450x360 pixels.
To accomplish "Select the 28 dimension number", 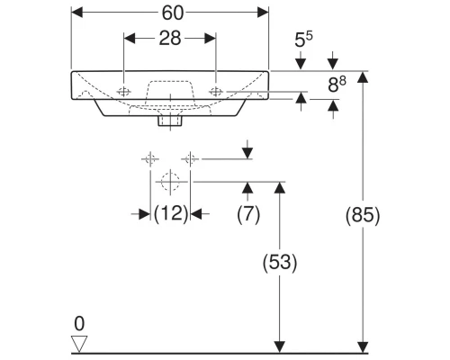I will [x=169, y=39].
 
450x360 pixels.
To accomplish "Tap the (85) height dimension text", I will [x=363, y=215].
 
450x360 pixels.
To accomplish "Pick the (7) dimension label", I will [x=248, y=213].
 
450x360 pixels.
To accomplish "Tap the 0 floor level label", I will [x=78, y=322].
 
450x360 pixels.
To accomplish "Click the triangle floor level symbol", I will [x=79, y=342].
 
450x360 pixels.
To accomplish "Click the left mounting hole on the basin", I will [x=123, y=90].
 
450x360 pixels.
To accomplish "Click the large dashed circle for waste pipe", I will [x=168, y=181].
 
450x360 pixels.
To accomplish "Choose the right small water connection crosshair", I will [x=189, y=159].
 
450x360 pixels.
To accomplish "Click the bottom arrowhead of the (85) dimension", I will [x=363, y=346].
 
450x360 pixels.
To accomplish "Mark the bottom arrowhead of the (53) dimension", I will [x=280, y=346].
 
